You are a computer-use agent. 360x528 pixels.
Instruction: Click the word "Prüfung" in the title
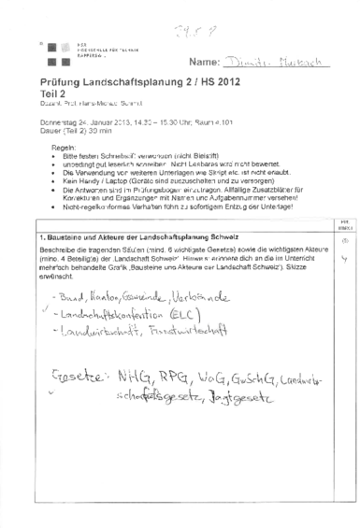click(60, 85)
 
